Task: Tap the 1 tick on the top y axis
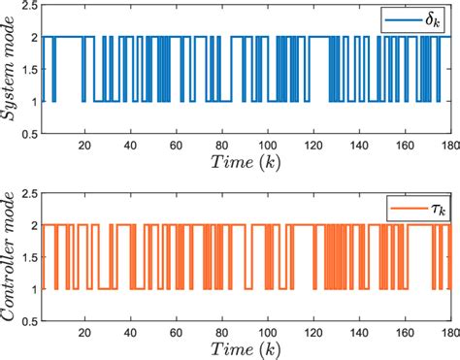(x=33, y=100)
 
